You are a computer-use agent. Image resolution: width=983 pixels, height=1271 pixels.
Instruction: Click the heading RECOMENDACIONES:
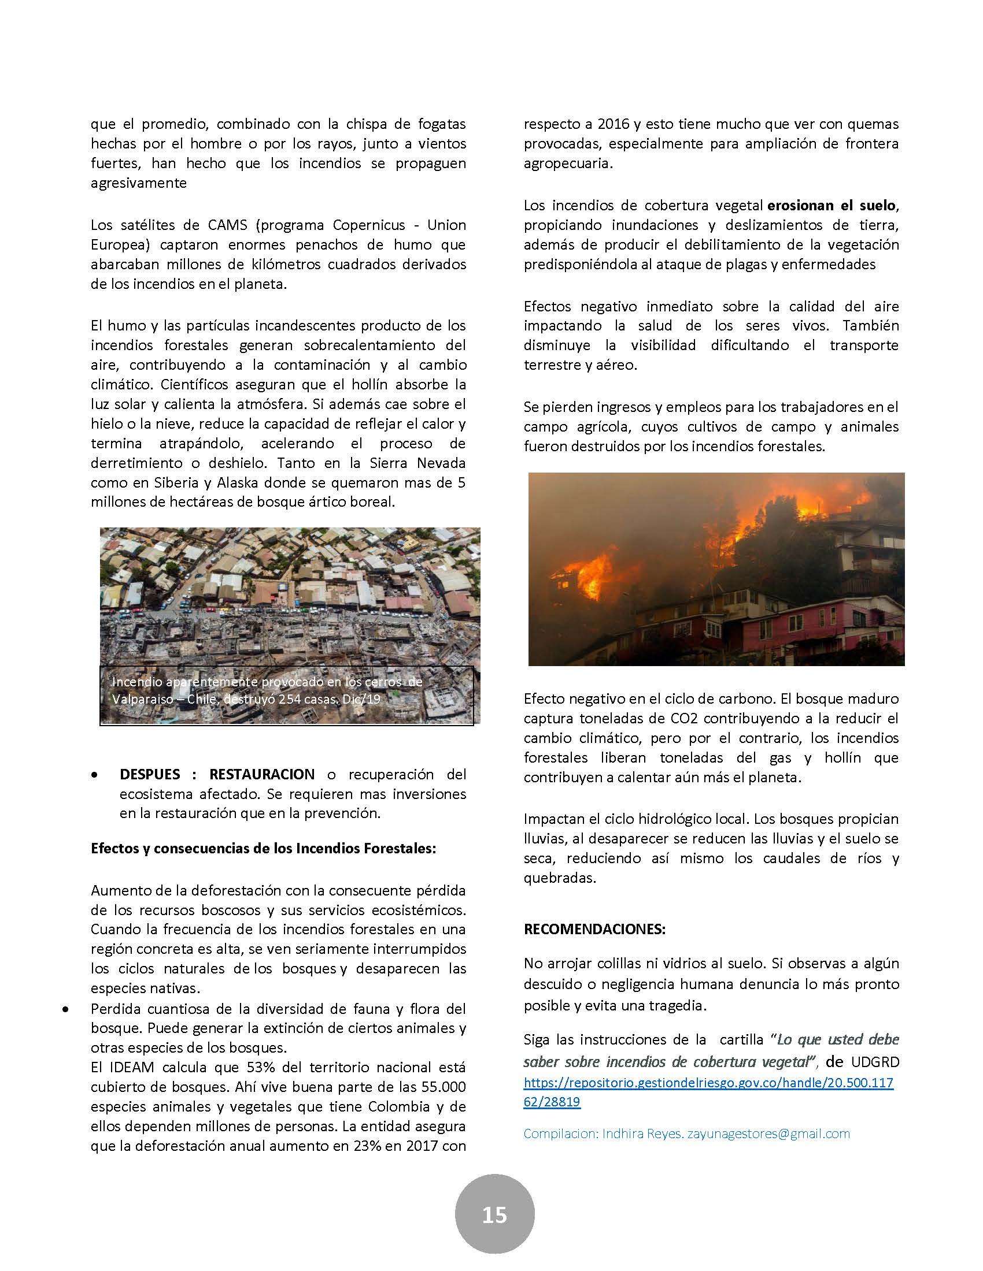coord(594,930)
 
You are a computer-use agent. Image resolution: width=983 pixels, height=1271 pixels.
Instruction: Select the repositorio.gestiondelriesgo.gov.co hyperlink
coord(708,1083)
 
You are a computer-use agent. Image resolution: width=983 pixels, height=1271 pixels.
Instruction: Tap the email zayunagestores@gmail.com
coord(768,1134)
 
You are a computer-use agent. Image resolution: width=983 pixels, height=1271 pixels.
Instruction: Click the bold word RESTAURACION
coord(262,774)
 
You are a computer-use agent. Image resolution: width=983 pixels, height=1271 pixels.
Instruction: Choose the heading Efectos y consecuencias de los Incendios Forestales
coord(263,848)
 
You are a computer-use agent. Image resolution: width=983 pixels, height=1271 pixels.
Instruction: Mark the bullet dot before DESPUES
coord(94,776)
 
